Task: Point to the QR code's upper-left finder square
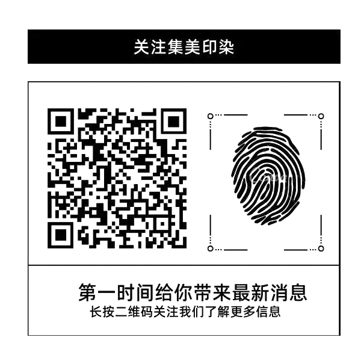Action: point(61,123)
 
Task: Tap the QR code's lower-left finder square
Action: point(61,232)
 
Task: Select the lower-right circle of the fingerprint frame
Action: point(321,248)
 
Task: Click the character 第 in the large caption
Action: point(88,294)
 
